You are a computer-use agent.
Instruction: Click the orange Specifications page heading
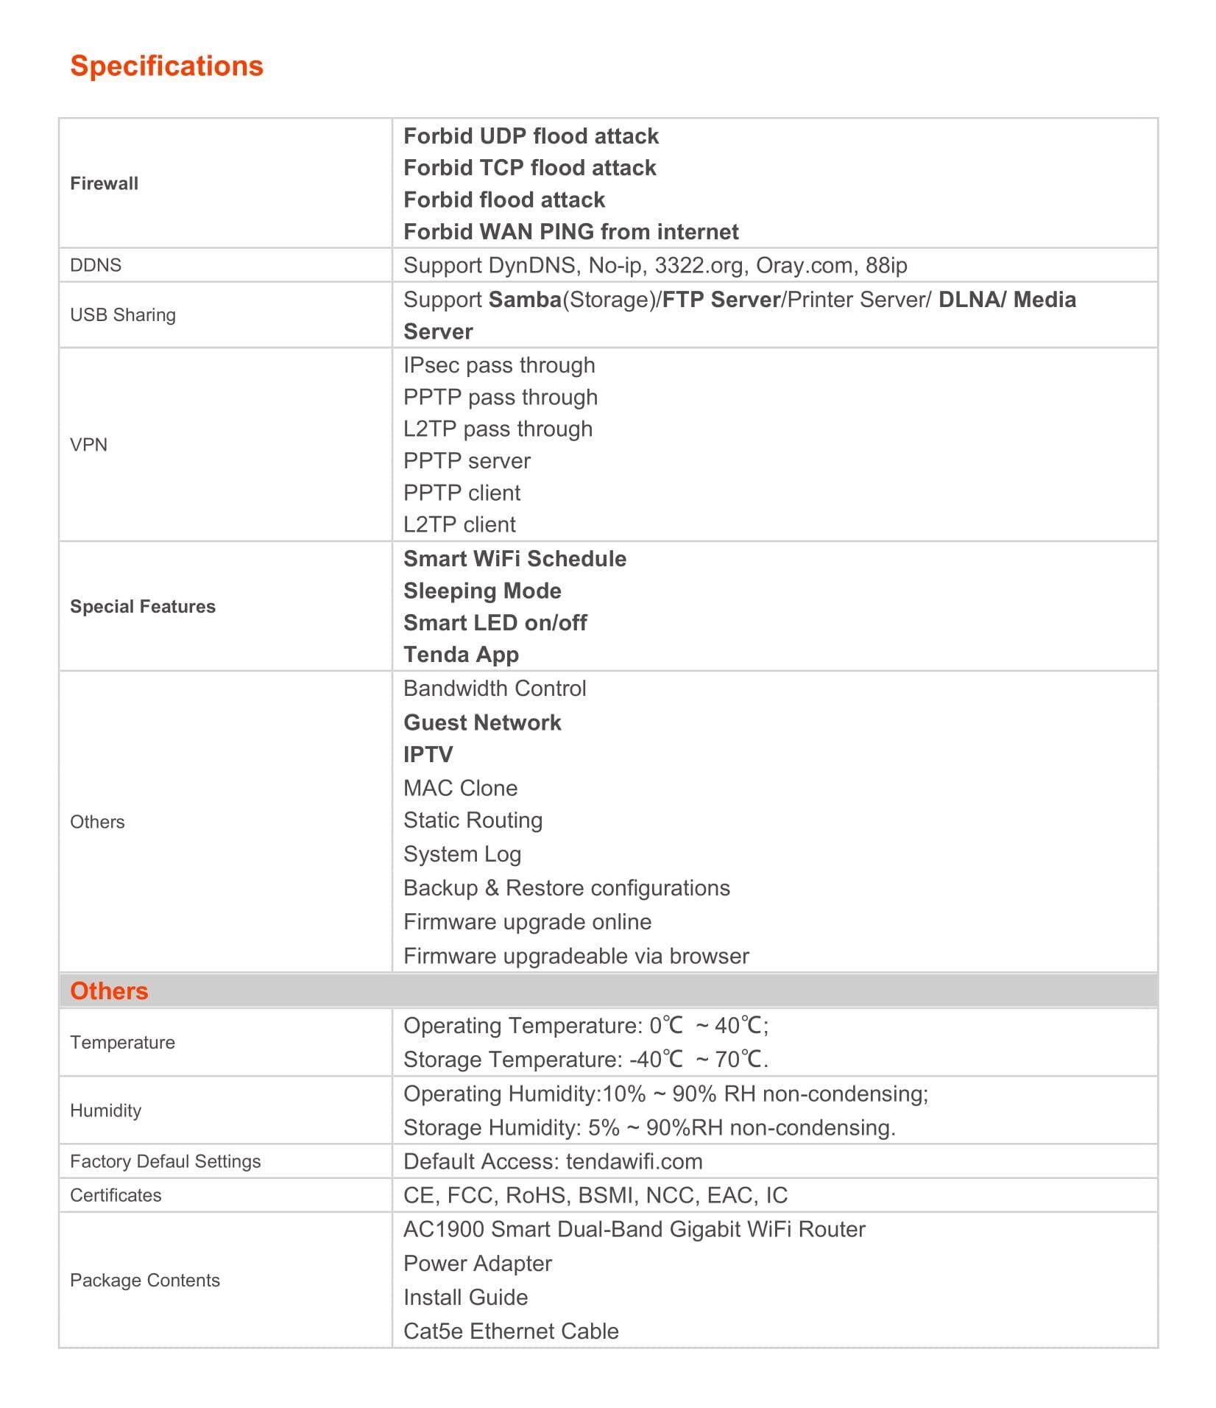166,66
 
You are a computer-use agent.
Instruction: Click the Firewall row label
104,183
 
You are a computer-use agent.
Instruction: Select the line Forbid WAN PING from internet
570,232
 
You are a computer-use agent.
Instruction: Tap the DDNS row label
96,265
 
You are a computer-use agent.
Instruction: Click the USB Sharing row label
123,315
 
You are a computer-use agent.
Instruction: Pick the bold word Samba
525,300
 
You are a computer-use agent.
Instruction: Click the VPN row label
88,445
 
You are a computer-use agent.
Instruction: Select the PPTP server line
467,461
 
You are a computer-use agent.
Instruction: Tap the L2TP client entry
459,524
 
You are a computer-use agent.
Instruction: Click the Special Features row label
143,607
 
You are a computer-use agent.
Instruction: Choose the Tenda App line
461,655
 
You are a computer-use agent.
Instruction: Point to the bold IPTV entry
428,755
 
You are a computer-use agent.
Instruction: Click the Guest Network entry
482,722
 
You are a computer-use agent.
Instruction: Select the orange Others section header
109,991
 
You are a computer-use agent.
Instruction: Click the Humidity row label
105,1110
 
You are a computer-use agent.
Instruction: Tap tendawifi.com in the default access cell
634,1161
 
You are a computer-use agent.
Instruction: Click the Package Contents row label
145,1281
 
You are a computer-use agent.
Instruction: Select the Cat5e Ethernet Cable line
511,1331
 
